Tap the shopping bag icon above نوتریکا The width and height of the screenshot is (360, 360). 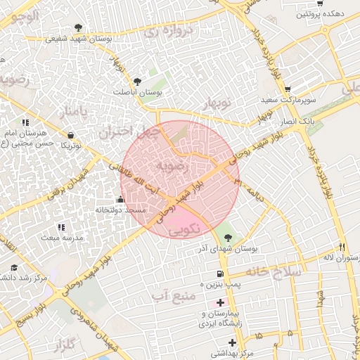(x=70, y=136)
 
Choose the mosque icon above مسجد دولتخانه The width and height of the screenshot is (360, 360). (x=120, y=199)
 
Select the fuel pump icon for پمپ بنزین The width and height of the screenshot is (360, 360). (x=221, y=274)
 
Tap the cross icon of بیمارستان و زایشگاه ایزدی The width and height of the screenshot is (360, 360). (x=220, y=302)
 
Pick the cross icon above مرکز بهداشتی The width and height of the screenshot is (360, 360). (x=232, y=342)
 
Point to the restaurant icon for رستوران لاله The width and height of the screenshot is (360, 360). (x=342, y=247)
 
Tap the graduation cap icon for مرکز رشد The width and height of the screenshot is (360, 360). (x=14, y=268)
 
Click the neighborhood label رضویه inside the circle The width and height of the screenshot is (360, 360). (x=172, y=166)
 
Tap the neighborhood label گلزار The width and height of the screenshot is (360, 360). (x=63, y=345)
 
